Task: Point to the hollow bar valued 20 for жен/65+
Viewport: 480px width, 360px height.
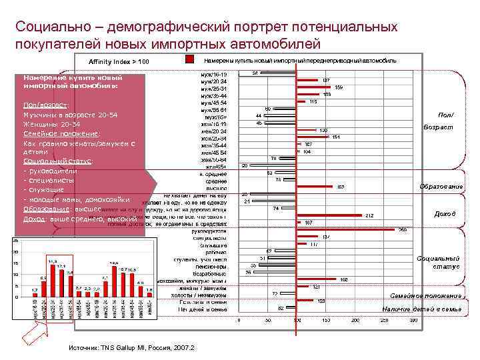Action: coord(244,165)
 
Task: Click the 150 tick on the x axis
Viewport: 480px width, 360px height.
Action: coord(326,320)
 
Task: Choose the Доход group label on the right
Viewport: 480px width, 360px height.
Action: coord(445,214)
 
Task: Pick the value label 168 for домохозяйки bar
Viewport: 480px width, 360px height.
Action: coord(344,279)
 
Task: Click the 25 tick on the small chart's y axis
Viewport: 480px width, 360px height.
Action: coord(15,241)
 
